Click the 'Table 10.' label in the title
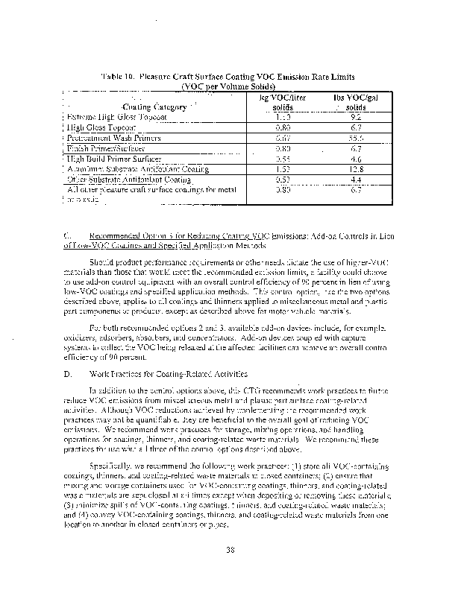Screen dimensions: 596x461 click(116, 77)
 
